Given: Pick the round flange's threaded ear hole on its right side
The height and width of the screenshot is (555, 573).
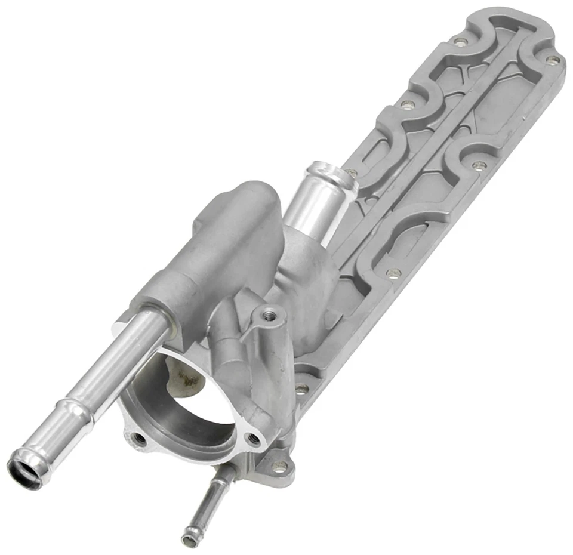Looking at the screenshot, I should (x=254, y=440).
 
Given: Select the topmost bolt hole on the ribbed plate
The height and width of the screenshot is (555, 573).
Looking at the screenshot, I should (x=460, y=42).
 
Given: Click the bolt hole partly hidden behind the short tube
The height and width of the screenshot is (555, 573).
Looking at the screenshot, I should (x=352, y=173).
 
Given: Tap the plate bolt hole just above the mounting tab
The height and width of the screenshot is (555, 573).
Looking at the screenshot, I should (x=302, y=389).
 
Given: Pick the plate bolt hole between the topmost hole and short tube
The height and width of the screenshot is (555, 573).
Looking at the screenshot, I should (x=408, y=105).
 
